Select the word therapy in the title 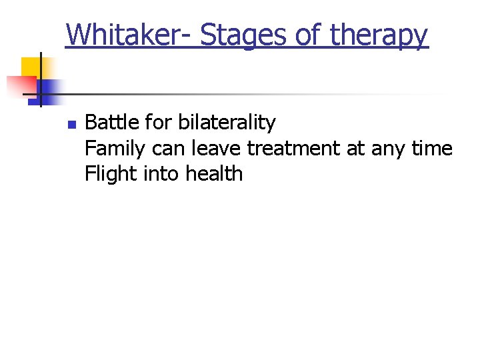tap(378, 35)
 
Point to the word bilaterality tap(227, 123)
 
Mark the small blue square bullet tap(54, 125)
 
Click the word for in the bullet tap(156, 123)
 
